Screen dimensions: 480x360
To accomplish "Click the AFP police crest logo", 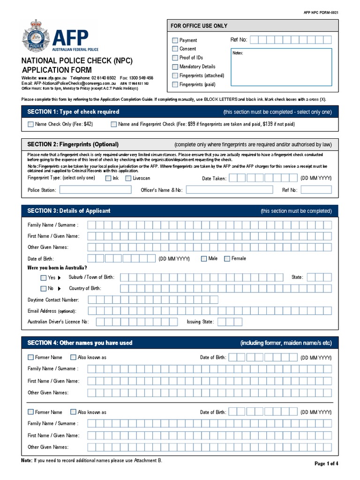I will point(35,37).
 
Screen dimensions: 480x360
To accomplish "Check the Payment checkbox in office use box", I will point(175,40).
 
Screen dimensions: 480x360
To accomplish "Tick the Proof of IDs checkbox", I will point(175,58).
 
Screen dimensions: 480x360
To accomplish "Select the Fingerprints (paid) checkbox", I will point(175,84).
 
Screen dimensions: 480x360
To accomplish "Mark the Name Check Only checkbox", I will point(31,124).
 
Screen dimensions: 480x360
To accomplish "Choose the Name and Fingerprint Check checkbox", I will point(114,124).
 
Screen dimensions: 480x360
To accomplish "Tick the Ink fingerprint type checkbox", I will point(108,178).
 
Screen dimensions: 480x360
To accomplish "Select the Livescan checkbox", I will point(128,178).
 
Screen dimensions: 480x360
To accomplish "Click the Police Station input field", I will point(95,190).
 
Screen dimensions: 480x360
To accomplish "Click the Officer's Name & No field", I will point(229,190).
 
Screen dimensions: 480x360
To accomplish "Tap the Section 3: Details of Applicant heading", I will point(69,211).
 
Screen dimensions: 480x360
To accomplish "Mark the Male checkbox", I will point(204,259).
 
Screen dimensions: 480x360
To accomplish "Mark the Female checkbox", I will point(227,259).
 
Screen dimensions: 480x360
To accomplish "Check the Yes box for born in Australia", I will point(44,277).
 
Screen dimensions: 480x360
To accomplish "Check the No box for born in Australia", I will point(44,288).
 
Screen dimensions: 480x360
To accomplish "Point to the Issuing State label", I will point(200,322).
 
